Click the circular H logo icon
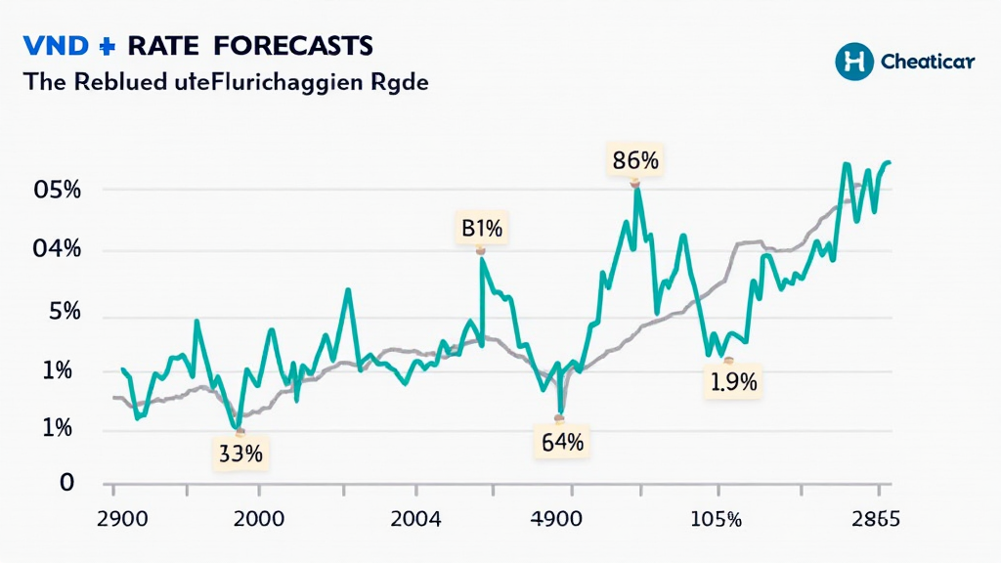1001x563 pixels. click(x=852, y=62)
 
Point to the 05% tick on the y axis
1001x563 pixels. click(x=53, y=190)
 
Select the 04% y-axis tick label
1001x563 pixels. click(x=53, y=250)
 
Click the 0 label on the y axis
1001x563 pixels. click(x=66, y=483)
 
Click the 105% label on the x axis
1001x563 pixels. click(x=718, y=519)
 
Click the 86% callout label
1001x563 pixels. click(x=633, y=159)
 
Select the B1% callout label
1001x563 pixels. click(x=481, y=230)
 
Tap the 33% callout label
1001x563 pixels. click(x=239, y=454)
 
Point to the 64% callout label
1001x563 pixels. click(x=561, y=442)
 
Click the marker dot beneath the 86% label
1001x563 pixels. click(x=634, y=182)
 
